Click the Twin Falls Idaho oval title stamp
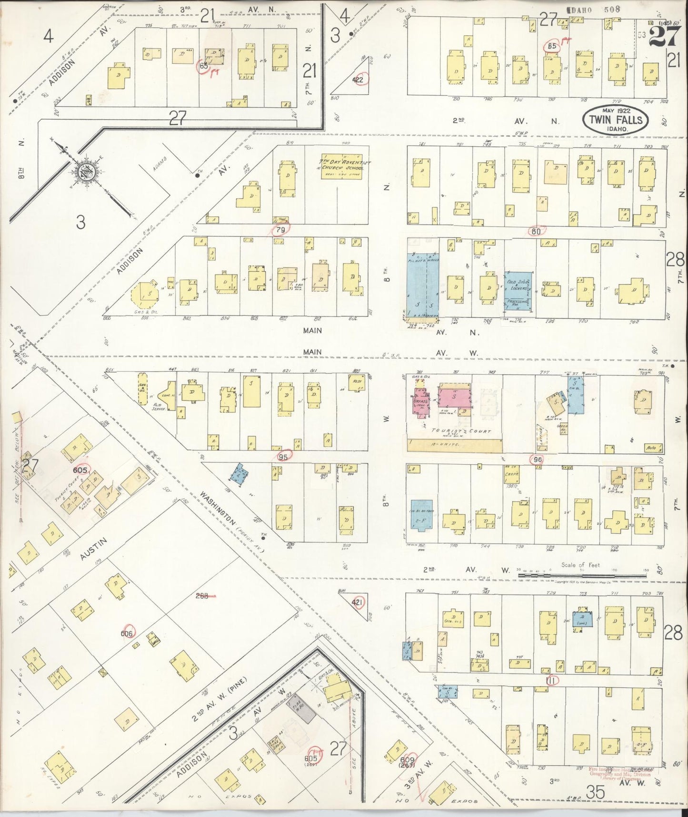coord(616,121)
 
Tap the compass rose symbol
coord(86,173)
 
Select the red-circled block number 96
coord(538,459)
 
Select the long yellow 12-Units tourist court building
coord(455,446)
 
